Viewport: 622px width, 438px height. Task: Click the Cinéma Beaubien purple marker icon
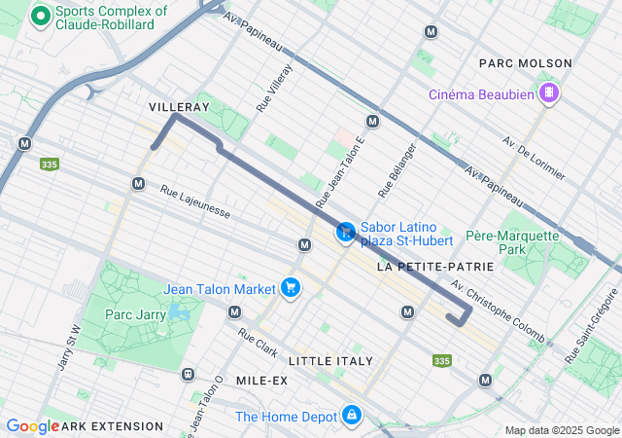coord(550,93)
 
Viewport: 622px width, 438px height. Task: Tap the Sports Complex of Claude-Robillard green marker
coord(40,16)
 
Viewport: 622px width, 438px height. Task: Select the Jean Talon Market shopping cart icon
coord(290,287)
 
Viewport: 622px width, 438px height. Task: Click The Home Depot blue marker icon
coord(351,417)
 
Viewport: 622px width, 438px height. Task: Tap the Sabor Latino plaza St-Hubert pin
coord(345,232)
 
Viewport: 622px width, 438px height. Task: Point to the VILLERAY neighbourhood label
coord(179,105)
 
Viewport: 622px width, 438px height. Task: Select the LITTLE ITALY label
coord(330,360)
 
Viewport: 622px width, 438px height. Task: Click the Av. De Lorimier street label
coord(534,158)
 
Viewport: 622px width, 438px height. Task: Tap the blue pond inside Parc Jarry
coord(177,312)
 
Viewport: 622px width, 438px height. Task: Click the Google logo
coord(32,426)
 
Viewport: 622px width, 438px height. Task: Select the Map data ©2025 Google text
coord(561,430)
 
